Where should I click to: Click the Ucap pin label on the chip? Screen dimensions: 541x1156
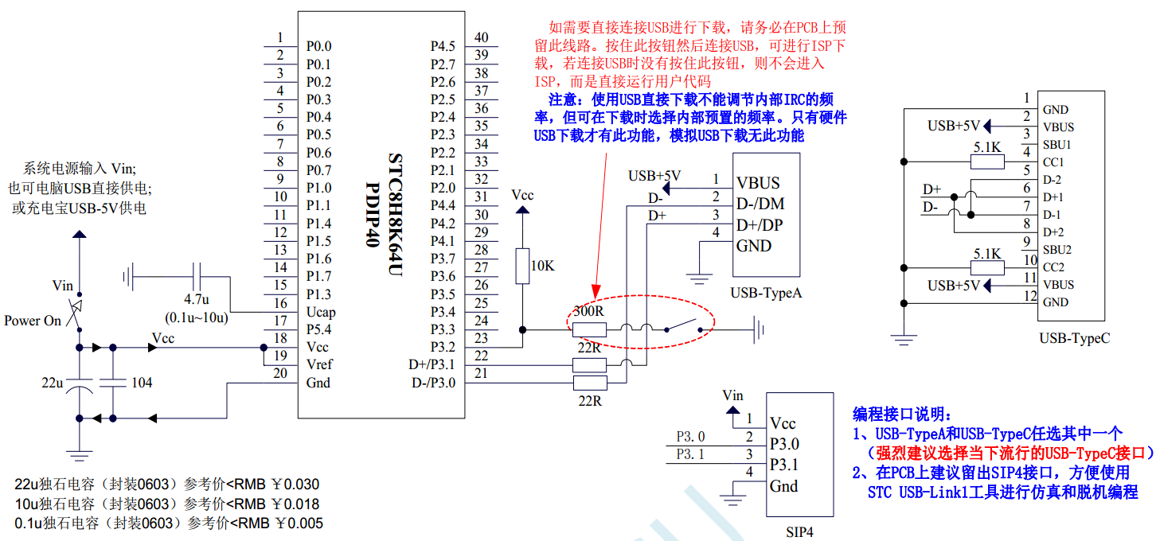(321, 312)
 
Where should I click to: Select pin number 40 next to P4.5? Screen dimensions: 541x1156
(481, 37)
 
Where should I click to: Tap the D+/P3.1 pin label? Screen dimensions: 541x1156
(430, 365)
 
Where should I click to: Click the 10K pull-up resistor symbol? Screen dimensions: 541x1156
(522, 266)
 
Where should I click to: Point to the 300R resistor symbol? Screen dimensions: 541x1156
(589, 329)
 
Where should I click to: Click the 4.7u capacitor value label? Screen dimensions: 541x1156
(197, 300)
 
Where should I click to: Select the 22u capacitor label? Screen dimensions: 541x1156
(53, 383)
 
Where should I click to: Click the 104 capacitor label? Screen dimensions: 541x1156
(142, 383)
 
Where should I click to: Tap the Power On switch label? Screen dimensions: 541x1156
(33, 321)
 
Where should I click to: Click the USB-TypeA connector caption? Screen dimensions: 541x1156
(766, 294)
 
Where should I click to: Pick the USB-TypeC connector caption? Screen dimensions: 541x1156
(1074, 338)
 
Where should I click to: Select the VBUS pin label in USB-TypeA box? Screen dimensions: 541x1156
(758, 182)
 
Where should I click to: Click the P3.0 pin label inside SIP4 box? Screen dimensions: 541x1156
(784, 444)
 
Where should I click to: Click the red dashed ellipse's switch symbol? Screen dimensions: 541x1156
(679, 326)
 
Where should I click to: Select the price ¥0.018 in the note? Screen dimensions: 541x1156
(295, 504)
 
